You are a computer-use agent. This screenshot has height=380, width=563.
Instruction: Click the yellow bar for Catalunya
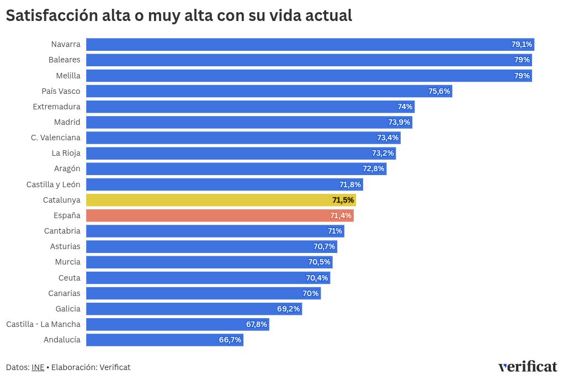(x=221, y=200)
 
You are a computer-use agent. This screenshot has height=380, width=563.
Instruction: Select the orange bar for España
(x=220, y=215)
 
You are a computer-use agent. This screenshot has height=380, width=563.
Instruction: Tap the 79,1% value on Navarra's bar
(x=522, y=44)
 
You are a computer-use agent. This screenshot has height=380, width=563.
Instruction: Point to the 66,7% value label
(x=230, y=340)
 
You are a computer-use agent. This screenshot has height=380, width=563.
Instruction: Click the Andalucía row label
(x=62, y=340)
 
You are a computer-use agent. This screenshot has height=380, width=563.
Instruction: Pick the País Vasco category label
(x=61, y=91)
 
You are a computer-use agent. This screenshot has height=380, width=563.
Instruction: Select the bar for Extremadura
(x=250, y=107)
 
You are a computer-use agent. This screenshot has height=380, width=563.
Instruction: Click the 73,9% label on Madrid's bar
(x=400, y=122)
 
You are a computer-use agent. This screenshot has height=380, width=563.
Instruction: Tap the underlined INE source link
(x=38, y=367)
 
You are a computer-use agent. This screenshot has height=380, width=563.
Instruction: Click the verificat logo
(x=527, y=367)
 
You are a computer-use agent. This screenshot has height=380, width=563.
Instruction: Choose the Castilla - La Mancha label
(x=43, y=324)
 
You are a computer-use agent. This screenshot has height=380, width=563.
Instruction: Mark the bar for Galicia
(x=194, y=309)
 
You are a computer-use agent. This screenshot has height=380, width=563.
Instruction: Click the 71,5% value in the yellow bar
(x=343, y=200)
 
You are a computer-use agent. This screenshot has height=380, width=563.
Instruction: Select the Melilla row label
(x=68, y=76)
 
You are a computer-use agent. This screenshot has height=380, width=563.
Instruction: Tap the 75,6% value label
(x=439, y=91)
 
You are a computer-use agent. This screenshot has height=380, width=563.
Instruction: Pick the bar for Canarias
(x=203, y=293)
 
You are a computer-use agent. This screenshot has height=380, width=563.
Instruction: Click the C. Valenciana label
(x=56, y=138)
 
